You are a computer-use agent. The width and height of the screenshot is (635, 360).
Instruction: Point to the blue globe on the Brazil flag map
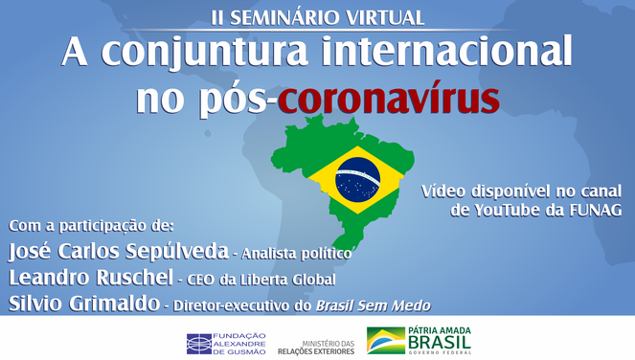pyautogui.click(x=357, y=179)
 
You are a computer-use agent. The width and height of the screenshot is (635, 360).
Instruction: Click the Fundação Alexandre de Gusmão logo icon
pyautogui.click(x=199, y=342)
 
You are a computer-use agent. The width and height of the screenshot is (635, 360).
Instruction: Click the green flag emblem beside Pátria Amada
pyautogui.click(x=385, y=341)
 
